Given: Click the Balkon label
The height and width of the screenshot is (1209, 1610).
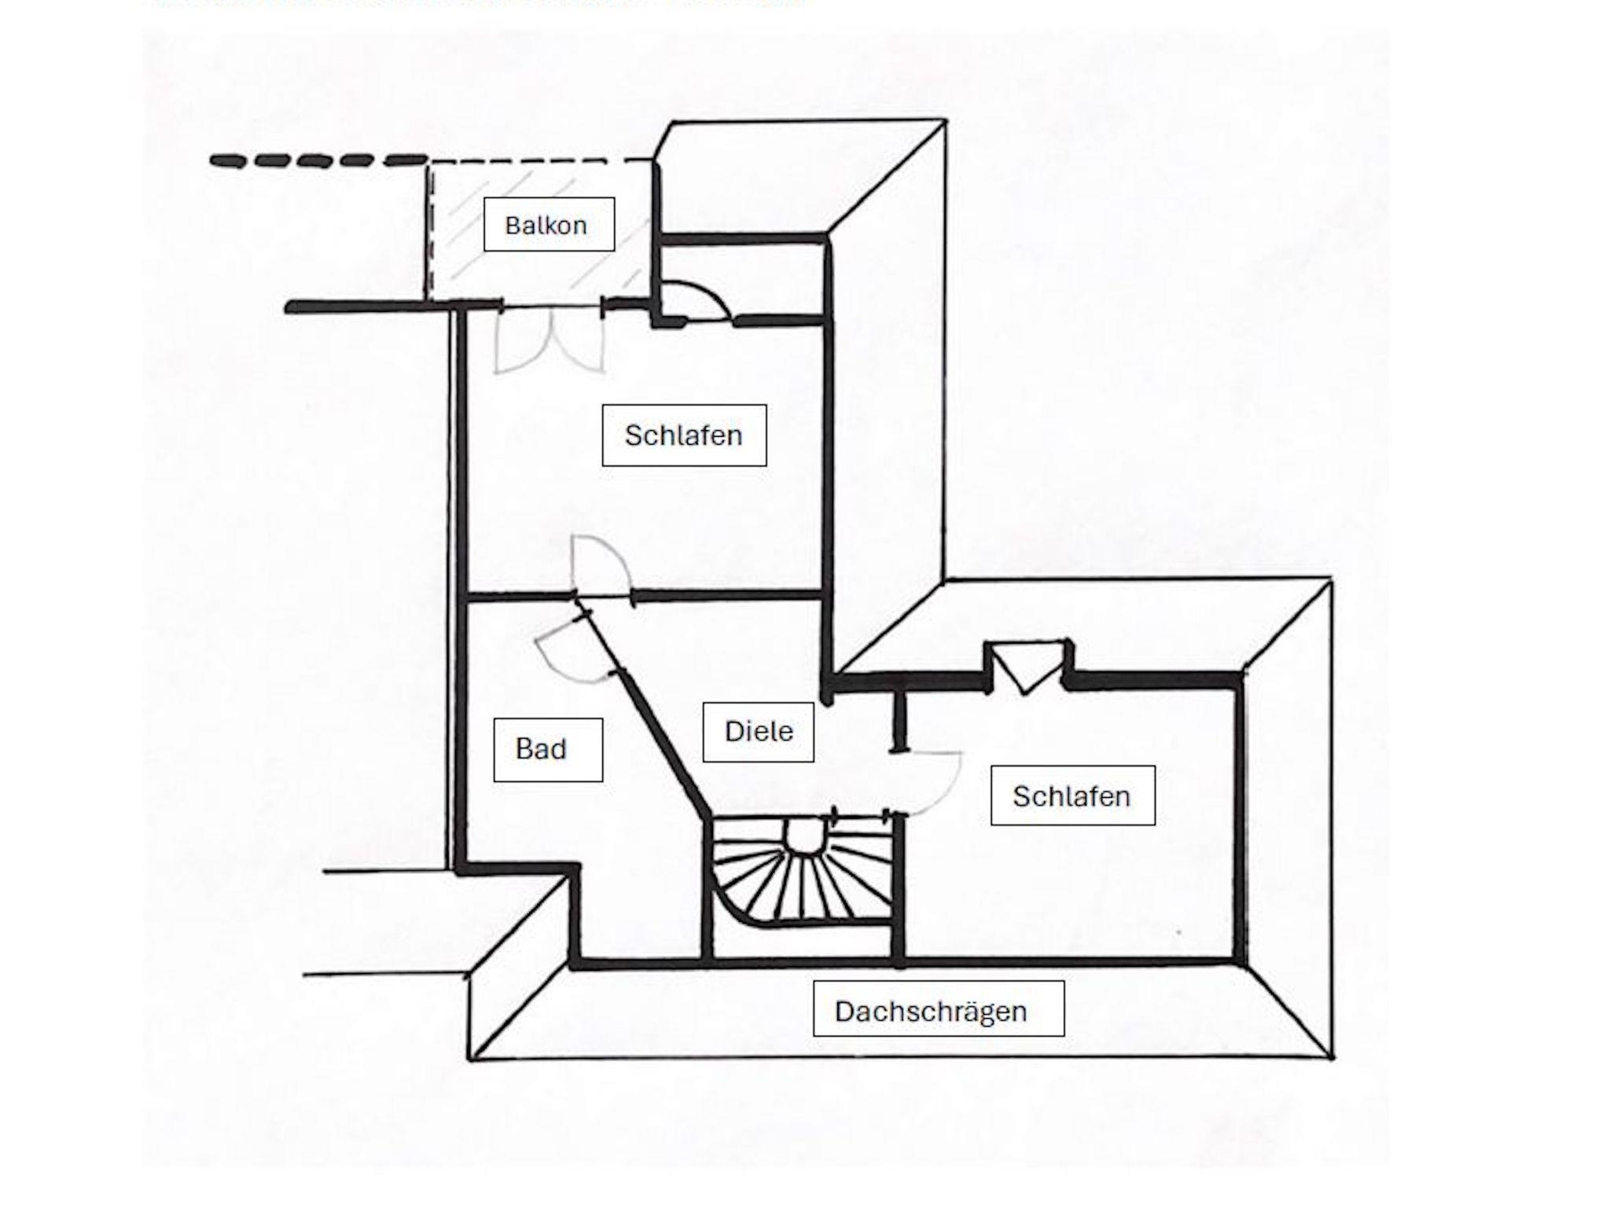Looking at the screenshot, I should tap(548, 225).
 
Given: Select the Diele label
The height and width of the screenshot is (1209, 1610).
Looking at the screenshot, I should tap(758, 732).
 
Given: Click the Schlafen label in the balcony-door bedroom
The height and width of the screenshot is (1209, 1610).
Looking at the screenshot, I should tap(684, 435).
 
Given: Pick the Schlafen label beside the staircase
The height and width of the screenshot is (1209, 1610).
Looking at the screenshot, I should tap(1072, 796).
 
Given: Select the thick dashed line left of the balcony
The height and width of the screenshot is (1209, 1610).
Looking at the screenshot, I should tap(318, 161).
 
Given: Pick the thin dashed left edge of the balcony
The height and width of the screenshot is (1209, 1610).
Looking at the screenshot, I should tap(429, 232).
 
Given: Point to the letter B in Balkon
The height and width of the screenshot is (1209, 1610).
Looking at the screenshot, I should tap(513, 226).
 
